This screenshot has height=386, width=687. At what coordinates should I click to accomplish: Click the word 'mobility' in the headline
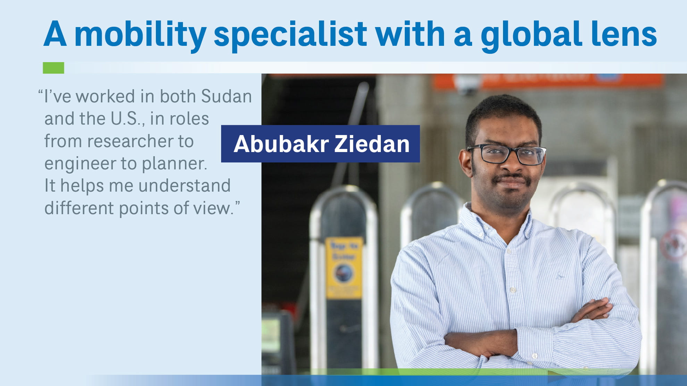(140, 35)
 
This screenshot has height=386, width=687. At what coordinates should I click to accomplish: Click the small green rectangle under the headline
(53, 68)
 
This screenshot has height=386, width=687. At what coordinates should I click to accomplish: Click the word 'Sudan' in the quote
(226, 96)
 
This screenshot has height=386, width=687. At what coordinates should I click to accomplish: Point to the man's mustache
(512, 178)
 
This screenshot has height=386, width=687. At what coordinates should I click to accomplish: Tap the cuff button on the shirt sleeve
(535, 356)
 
